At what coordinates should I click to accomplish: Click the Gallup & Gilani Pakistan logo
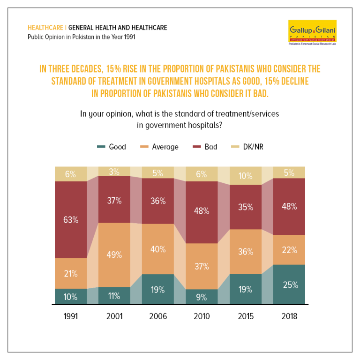click(312, 32)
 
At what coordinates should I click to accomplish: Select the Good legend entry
click(112, 147)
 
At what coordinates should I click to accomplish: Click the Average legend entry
click(159, 147)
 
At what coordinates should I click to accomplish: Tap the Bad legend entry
click(205, 147)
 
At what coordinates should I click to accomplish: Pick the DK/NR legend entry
click(247, 147)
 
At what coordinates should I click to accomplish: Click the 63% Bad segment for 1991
click(71, 220)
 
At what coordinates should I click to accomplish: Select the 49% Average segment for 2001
click(114, 255)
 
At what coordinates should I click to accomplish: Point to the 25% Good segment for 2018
click(289, 285)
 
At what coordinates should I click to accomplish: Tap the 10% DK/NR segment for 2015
click(246, 176)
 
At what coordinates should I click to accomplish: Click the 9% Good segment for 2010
click(202, 297)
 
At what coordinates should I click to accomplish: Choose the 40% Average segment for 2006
click(158, 249)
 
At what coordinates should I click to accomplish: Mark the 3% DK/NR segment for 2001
click(114, 172)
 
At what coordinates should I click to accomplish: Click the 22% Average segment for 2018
click(289, 250)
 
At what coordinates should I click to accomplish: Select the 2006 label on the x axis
click(158, 316)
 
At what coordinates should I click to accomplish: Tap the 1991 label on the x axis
click(71, 316)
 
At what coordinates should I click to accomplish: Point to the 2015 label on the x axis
click(246, 316)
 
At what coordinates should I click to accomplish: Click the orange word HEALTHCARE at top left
click(45, 28)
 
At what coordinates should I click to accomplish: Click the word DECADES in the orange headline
click(88, 69)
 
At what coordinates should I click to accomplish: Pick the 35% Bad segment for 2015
click(246, 207)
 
